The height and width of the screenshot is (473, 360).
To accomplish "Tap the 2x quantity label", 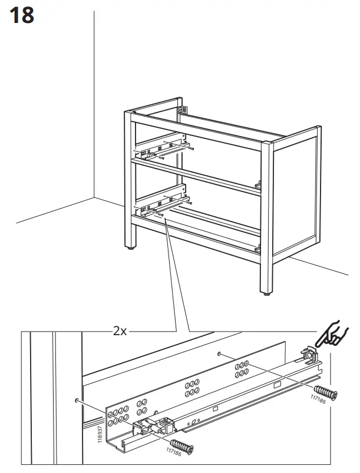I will [120, 331].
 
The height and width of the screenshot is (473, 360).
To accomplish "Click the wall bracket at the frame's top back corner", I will [183, 109].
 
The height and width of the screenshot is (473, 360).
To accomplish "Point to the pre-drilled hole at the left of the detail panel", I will [77, 401].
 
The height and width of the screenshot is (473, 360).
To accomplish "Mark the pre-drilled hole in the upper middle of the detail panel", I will [219, 354].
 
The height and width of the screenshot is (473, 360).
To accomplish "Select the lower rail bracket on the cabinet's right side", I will [257, 248].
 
